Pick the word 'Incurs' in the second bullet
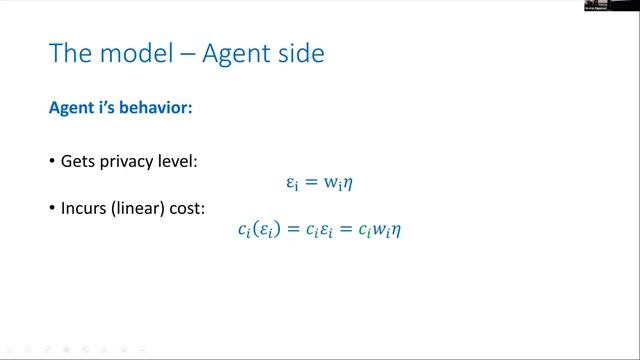click(84, 206)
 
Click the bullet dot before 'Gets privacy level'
click(52, 161)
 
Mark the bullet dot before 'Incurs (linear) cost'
click(52, 207)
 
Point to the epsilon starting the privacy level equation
click(292, 184)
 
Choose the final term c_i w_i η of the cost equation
click(380, 230)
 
